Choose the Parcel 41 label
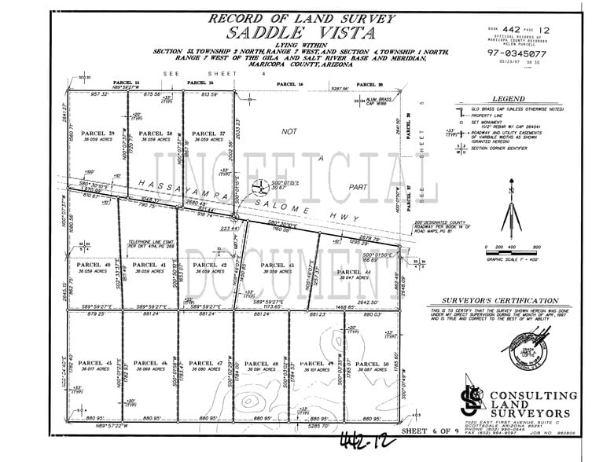click(150, 265)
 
